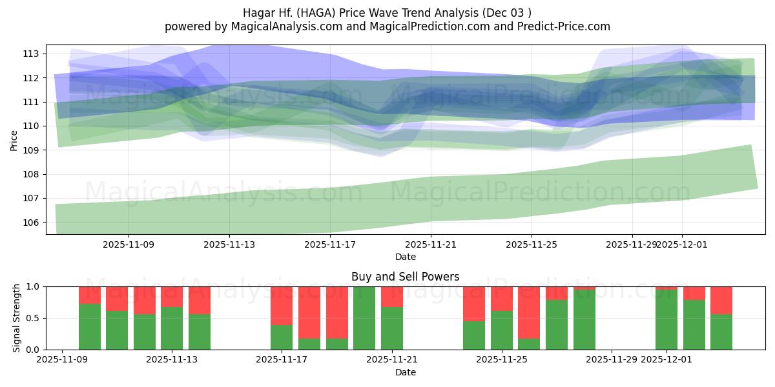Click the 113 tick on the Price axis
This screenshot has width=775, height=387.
(x=34, y=54)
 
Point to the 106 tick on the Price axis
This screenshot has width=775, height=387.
(x=34, y=223)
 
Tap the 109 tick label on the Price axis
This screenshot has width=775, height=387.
(x=34, y=150)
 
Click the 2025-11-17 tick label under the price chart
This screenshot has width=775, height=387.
(x=330, y=244)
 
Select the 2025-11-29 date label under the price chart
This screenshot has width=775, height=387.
(x=632, y=244)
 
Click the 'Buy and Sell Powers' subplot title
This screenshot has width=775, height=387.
(x=405, y=277)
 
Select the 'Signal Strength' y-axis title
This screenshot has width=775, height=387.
(x=17, y=318)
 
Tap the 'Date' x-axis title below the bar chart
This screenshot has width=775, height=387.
(x=405, y=372)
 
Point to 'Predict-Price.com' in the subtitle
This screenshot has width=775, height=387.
(x=559, y=26)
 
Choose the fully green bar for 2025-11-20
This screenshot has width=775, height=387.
(x=364, y=318)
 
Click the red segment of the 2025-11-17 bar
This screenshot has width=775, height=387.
(x=282, y=305)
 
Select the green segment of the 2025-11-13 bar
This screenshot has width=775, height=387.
(x=172, y=328)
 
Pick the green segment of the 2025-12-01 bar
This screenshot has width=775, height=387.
(x=666, y=320)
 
